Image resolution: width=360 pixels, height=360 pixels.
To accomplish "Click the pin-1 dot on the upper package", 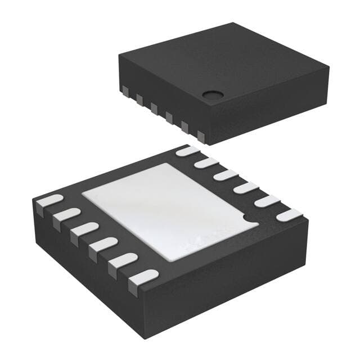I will point(211,95).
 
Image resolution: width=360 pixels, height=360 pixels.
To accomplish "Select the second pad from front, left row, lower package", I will point(123,261).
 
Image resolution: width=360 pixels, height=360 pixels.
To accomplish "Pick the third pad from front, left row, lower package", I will point(103,245).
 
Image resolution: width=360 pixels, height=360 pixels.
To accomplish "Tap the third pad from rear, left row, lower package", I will point(84,229).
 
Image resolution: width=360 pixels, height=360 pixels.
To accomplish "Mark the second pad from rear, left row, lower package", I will point(66,215).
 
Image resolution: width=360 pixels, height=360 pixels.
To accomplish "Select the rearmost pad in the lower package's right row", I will point(188,151).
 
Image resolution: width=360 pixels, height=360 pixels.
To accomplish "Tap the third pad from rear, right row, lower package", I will point(226,175).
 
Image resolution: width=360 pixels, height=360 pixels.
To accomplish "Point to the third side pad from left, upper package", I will point(154,107).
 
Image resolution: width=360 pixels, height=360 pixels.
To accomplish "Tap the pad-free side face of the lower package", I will point(236,281).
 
